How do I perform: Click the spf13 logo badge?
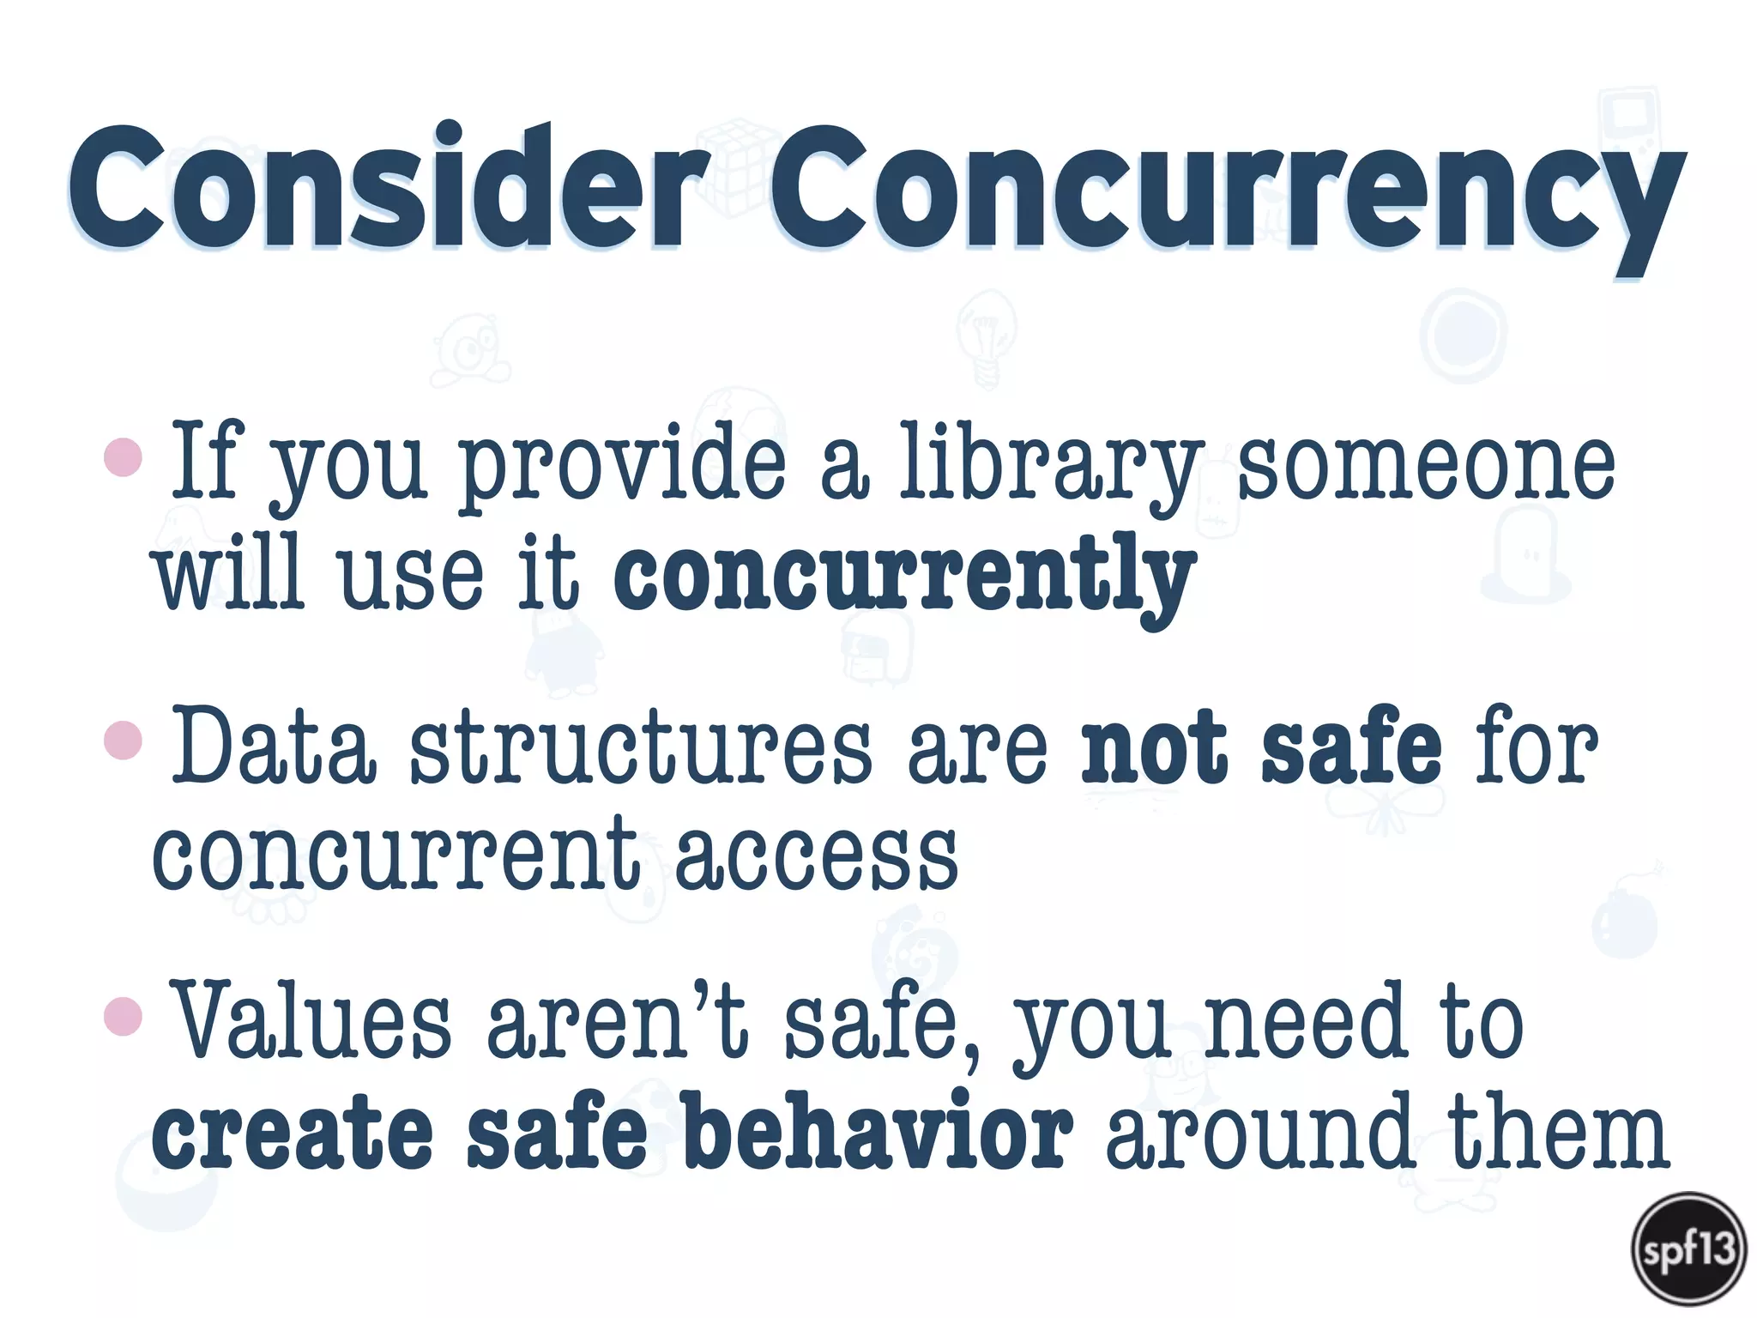pyautogui.click(x=1688, y=1248)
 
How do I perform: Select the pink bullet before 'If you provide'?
pyautogui.click(x=123, y=456)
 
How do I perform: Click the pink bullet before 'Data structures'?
pyautogui.click(x=123, y=740)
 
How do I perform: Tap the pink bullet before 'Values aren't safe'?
pyautogui.click(x=123, y=1016)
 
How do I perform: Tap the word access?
pyautogui.click(x=816, y=855)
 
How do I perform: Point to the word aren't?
pyautogui.click(x=617, y=1021)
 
